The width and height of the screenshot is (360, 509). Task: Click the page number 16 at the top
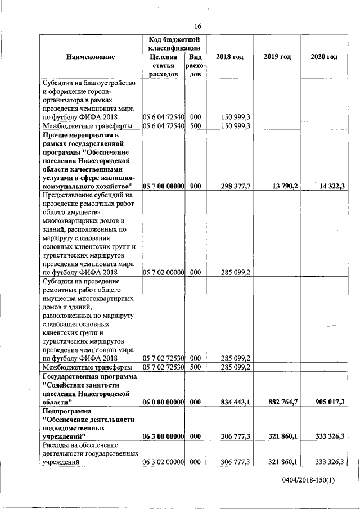tap(198, 26)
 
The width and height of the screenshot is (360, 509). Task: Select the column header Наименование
tap(90, 57)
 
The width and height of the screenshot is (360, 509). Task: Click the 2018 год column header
tap(229, 57)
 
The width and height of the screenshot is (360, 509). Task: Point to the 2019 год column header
tap(277, 57)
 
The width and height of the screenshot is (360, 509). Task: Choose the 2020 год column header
tap(324, 57)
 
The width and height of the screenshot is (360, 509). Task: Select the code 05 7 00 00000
tap(164, 186)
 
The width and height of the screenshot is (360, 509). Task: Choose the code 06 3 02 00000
tap(164, 462)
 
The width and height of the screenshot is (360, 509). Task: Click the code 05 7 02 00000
tap(164, 272)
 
